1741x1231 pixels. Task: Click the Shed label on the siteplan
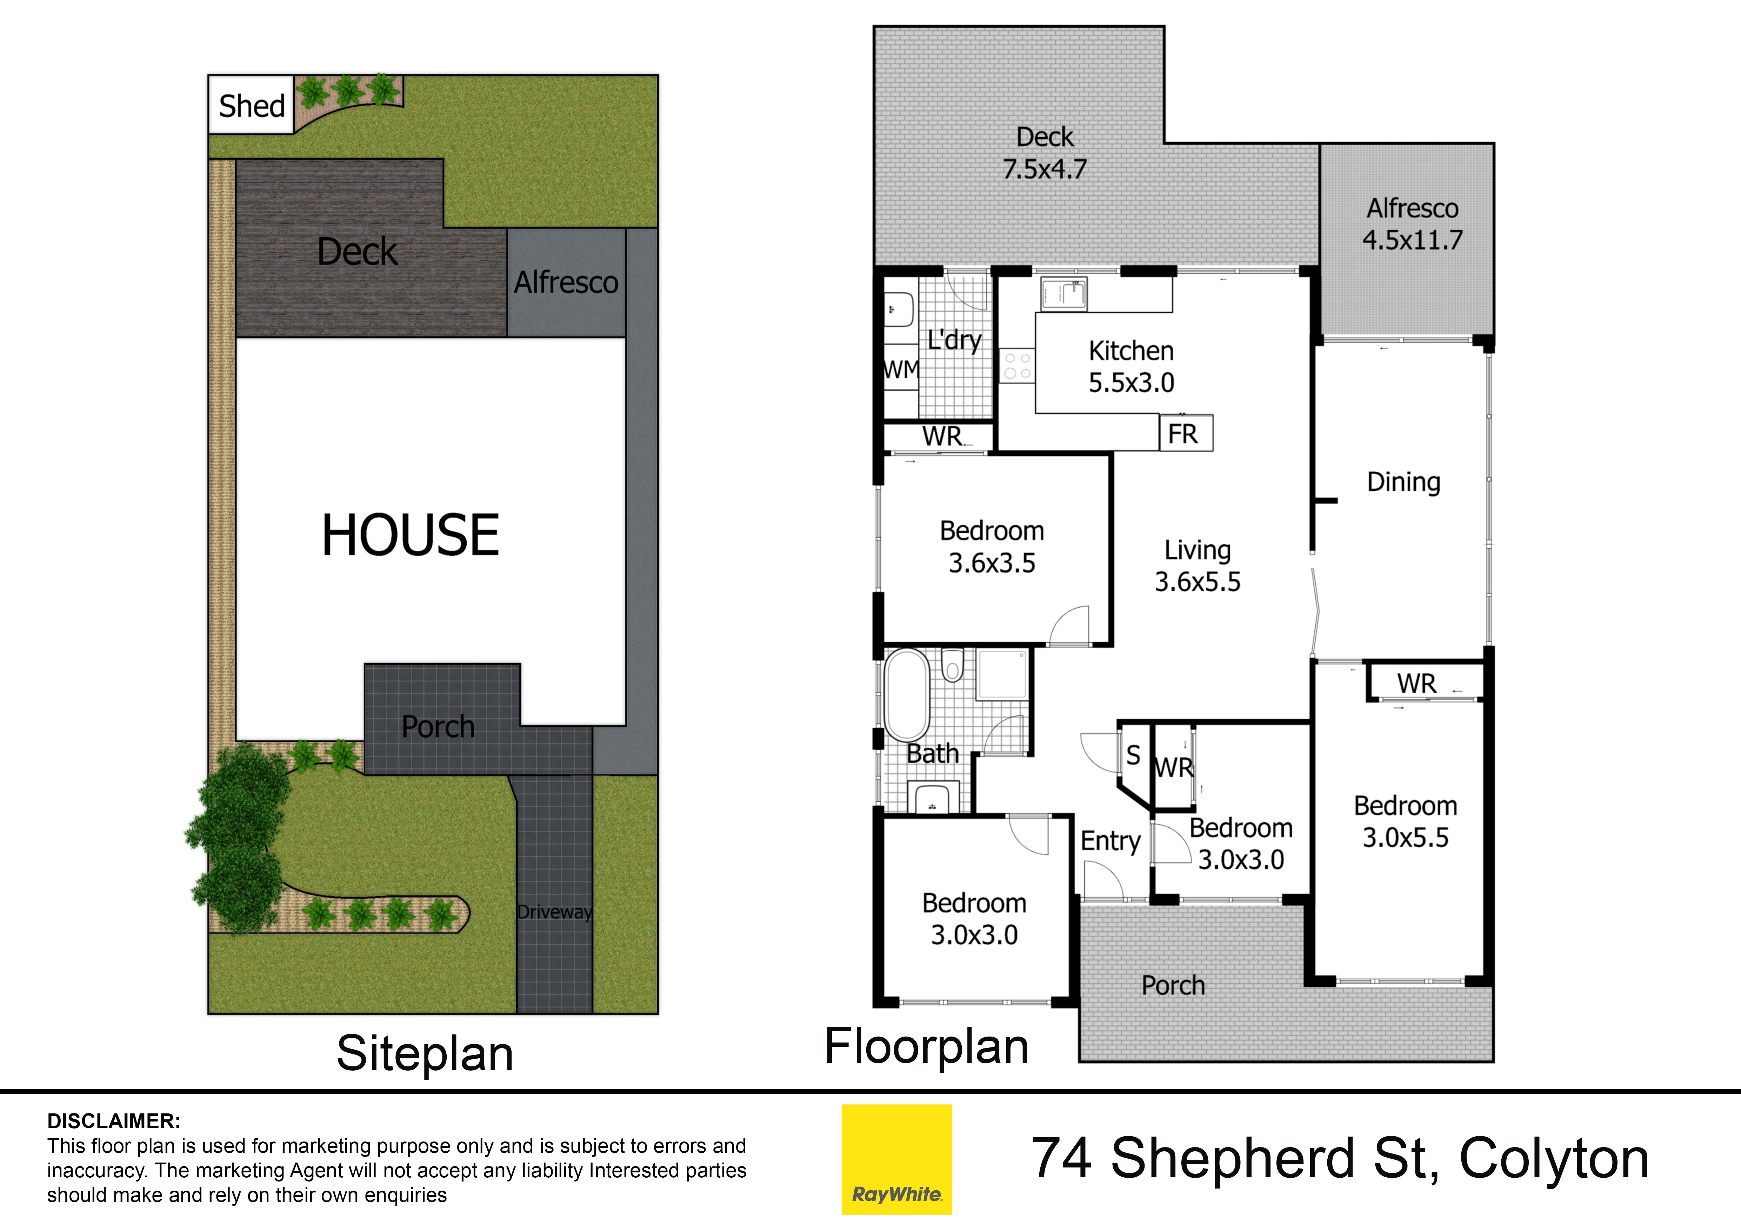[x=252, y=106]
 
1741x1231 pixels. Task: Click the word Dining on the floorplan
[x=1403, y=482]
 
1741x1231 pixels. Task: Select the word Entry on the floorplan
[x=1110, y=841]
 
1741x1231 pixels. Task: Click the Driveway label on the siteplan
[x=554, y=912]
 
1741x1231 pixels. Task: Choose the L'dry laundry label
[x=954, y=340]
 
